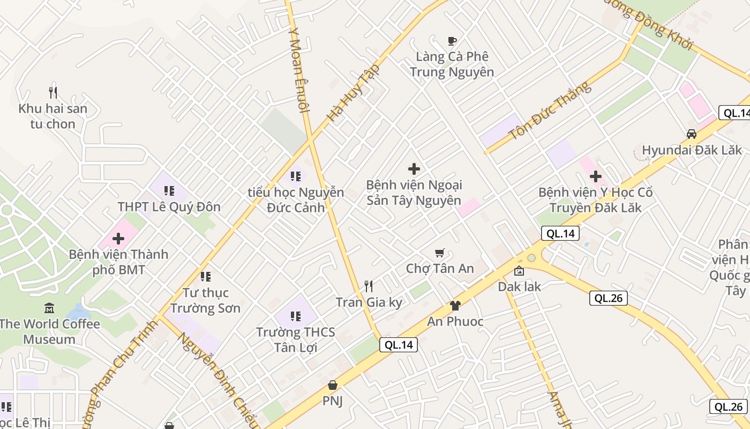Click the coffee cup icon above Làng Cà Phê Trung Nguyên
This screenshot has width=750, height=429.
pos(452,41)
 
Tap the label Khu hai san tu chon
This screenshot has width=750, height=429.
pos(52,116)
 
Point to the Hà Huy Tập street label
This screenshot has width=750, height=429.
pos(354,92)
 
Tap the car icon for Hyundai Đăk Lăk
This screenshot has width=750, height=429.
pos(692,134)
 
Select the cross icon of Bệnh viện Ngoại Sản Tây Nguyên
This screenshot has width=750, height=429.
pos(414,169)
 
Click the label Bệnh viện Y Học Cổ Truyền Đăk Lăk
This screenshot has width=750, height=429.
pos(595,200)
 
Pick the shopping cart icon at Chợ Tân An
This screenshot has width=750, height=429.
pos(440,253)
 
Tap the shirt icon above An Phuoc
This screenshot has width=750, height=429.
pos(455,306)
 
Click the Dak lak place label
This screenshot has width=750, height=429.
pos(519,286)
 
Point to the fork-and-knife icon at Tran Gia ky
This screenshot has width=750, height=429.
pos(369,286)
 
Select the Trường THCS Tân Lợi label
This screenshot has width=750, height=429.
pos(295,339)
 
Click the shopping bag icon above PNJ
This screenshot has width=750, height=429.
pos(333,385)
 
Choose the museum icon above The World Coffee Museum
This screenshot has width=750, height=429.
pos(49,308)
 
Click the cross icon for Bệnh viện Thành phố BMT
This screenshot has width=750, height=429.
pos(118,239)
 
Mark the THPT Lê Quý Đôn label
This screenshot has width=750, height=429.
pos(169,207)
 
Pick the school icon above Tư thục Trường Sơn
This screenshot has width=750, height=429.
pos(205,277)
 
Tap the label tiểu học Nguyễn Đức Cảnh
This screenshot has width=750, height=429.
pos(296,199)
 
